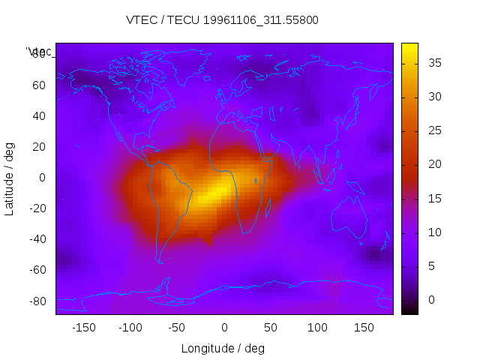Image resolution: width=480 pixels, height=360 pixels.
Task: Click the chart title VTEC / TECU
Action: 222,20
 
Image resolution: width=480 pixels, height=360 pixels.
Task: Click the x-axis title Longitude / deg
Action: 223,348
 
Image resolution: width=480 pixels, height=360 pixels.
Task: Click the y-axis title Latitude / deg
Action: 10,178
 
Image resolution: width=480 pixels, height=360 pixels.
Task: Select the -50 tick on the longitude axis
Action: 177,328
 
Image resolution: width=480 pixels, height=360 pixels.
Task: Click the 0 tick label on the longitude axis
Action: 223,328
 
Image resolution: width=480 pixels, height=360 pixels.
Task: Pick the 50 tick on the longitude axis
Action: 271,328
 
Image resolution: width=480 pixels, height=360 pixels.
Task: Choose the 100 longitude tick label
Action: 317,328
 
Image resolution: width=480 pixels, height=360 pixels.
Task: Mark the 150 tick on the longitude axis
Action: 364,328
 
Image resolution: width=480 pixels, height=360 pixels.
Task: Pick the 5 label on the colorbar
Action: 429,266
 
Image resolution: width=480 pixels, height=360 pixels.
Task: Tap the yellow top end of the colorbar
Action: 409,47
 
